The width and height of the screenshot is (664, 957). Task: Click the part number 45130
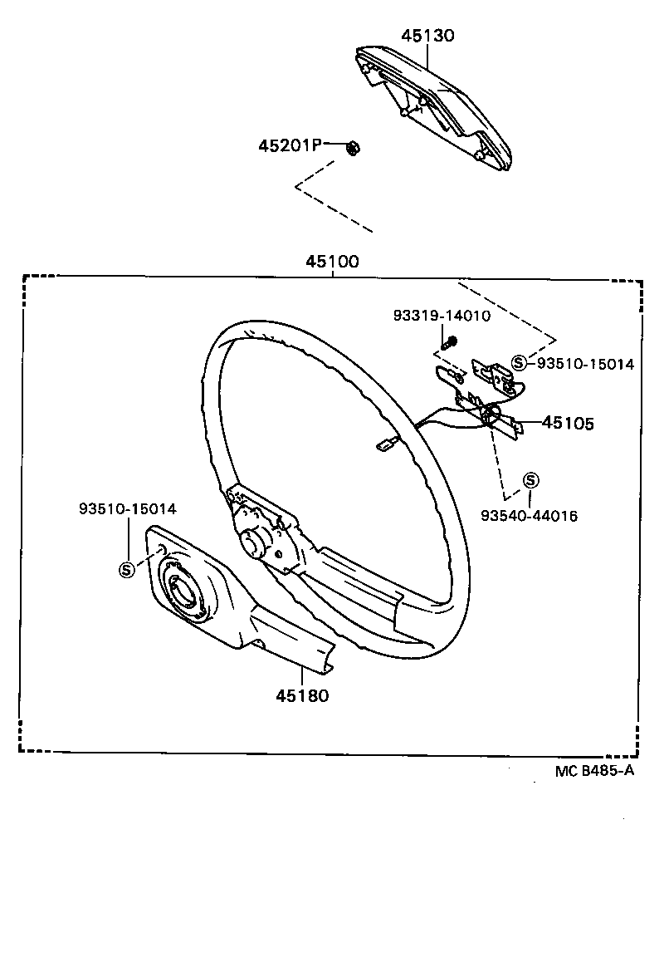point(427,36)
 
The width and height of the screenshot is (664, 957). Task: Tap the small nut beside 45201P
point(351,148)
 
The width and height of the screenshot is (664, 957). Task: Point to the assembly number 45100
point(332,262)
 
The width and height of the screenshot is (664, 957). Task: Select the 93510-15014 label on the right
point(585,363)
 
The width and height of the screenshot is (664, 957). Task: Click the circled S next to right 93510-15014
point(519,362)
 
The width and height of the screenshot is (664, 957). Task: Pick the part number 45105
point(568,423)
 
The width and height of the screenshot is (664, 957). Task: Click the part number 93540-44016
point(529,516)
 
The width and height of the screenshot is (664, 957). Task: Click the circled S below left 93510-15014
point(127,569)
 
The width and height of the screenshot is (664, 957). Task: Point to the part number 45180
point(302,695)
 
